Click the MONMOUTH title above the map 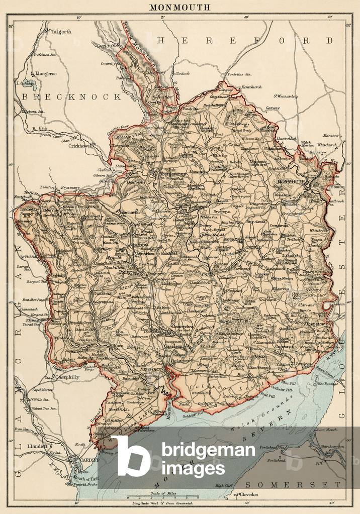point(179,8)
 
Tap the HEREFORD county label point(244,40)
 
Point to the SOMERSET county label point(294,484)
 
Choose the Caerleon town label point(178,346)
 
